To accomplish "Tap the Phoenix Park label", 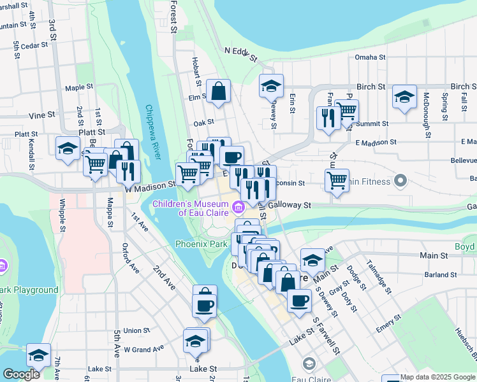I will [201, 244].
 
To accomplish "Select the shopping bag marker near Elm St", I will [218, 92].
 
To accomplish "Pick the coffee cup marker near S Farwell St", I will [298, 301].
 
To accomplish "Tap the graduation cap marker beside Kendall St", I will [67, 149].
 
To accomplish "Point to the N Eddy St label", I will [240, 55].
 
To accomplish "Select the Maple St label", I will [79, 87].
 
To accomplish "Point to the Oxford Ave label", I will [131, 257].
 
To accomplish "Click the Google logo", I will [21, 374].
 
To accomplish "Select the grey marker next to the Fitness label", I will [400, 181].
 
